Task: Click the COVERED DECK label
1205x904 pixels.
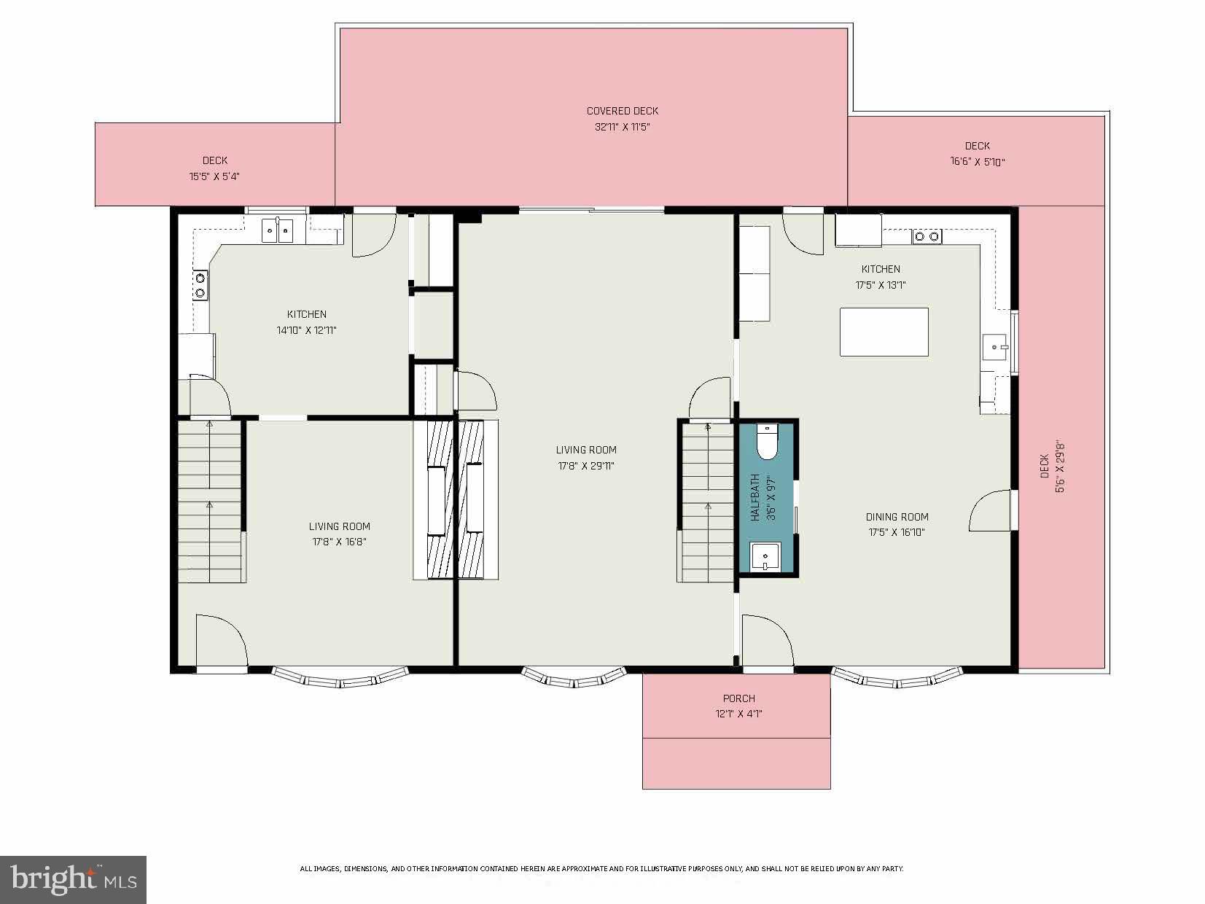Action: [x=622, y=111]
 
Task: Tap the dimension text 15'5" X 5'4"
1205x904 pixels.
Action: [x=214, y=176]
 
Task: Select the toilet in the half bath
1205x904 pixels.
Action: [x=767, y=443]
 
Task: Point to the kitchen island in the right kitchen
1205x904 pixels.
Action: [x=884, y=332]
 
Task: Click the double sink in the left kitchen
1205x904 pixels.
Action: [x=277, y=231]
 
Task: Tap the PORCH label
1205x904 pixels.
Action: [x=738, y=698]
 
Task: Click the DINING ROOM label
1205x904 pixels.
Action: [x=897, y=517]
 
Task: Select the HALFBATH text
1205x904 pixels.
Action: [x=755, y=498]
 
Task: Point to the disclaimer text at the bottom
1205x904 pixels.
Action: [x=601, y=869]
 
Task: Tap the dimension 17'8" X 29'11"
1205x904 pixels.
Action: [x=586, y=466]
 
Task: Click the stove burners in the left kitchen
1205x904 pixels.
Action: [x=200, y=285]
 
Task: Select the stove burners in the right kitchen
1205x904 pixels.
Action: [x=927, y=236]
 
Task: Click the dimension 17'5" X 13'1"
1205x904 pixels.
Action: [x=880, y=285]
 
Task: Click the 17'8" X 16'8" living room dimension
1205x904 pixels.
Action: [x=339, y=542]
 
